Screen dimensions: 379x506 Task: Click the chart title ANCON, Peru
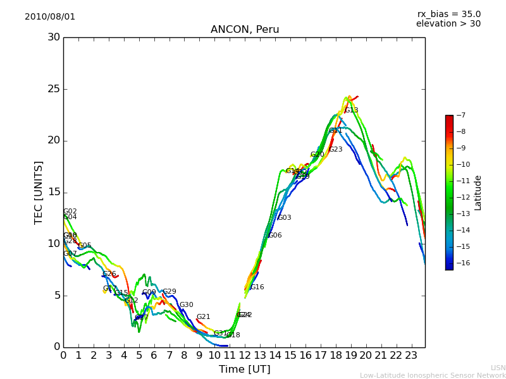(x=244, y=30)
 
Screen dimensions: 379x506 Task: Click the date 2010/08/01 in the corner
(x=50, y=17)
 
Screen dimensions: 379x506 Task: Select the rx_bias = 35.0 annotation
(x=448, y=15)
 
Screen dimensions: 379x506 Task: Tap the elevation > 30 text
(x=448, y=24)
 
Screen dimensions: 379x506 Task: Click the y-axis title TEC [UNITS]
(x=39, y=192)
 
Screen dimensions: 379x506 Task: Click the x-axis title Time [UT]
(x=244, y=370)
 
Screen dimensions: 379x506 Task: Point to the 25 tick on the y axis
(x=54, y=89)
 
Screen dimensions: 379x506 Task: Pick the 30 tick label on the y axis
(x=54, y=37)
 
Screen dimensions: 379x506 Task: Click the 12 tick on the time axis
(x=245, y=356)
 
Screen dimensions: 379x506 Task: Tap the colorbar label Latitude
(x=478, y=193)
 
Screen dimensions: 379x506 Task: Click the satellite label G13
(x=351, y=111)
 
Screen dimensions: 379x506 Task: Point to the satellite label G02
(x=70, y=212)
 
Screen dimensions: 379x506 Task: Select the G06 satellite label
(x=275, y=236)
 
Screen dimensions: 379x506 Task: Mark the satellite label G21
(x=203, y=317)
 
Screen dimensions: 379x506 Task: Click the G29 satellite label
(x=170, y=292)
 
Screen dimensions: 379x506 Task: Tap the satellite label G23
(x=335, y=150)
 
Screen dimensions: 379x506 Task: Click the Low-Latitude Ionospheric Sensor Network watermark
(x=433, y=376)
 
